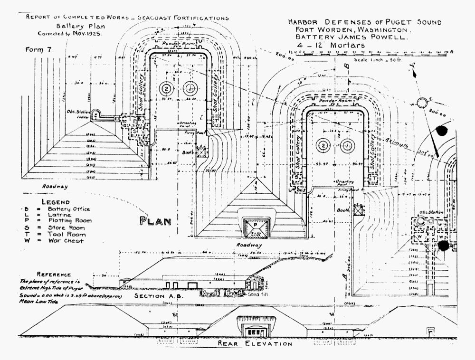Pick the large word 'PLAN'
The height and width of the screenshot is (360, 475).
(x=155, y=221)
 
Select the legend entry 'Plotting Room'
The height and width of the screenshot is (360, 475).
(x=69, y=221)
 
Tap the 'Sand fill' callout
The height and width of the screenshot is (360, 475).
(x=258, y=294)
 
